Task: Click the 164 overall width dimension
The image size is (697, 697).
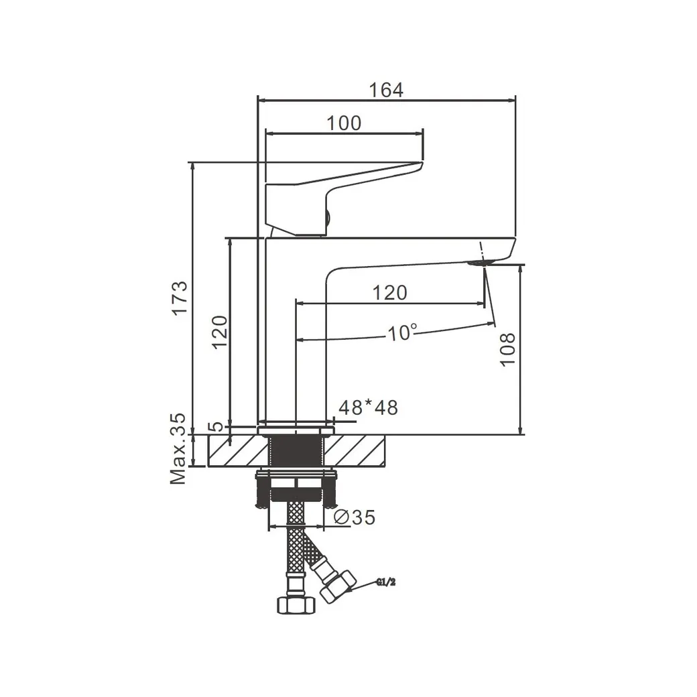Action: click(x=387, y=90)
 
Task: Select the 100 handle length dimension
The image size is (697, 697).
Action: click(x=344, y=123)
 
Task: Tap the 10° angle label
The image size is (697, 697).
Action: click(x=402, y=332)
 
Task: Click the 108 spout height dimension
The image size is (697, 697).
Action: click(x=507, y=348)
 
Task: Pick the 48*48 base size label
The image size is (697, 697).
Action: click(x=368, y=407)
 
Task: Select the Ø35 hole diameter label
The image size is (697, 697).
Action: click(x=353, y=517)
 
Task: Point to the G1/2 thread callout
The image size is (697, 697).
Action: click(x=387, y=582)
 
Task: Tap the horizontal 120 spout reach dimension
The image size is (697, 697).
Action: click(x=390, y=293)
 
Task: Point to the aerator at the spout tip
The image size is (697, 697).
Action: click(x=481, y=261)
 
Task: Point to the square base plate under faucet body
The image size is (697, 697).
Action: click(x=296, y=426)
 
